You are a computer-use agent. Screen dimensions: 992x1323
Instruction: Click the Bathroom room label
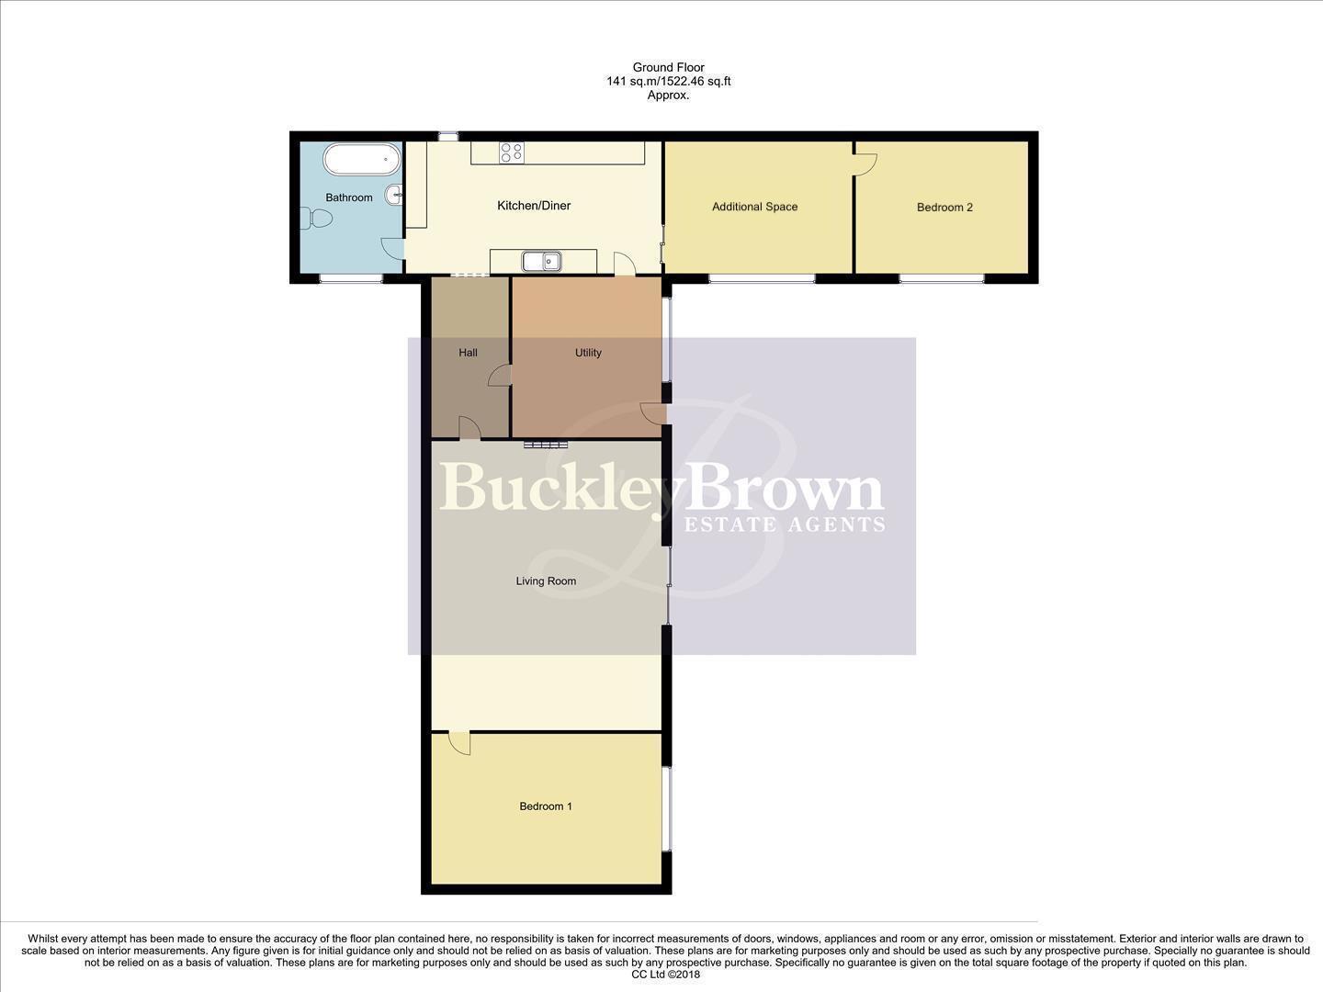(349, 197)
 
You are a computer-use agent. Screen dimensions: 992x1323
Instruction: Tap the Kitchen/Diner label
(534, 206)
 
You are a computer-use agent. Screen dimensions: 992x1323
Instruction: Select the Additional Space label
(754, 207)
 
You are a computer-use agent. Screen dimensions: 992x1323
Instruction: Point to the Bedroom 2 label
(944, 208)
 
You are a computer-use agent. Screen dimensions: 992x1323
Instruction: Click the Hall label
(468, 353)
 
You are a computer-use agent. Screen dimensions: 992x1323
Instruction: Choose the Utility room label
(588, 353)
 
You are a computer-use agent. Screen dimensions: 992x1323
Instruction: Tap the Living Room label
(546, 581)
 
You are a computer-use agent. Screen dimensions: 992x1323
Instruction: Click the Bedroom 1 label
(546, 806)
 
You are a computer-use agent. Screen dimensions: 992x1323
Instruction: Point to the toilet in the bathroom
(316, 219)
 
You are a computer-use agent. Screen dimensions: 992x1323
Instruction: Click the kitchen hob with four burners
(512, 152)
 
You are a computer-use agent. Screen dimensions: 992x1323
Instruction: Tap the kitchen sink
(542, 261)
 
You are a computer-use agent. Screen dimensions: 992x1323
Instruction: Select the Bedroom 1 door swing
(459, 742)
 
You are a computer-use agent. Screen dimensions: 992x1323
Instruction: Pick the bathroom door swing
(392, 247)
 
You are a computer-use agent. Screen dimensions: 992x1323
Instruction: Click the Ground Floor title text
(668, 67)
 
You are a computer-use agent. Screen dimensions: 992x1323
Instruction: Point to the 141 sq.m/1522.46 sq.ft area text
(668, 81)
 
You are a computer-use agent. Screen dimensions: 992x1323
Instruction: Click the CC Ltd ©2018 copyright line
(666, 975)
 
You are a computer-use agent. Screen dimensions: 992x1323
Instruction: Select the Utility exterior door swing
(654, 413)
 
